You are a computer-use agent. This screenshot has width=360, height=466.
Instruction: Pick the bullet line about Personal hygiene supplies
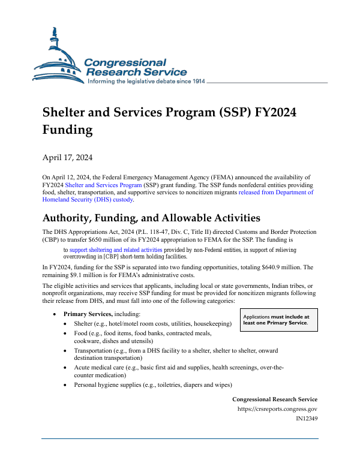(x=153, y=384)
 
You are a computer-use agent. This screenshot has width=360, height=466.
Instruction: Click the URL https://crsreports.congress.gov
(x=278, y=409)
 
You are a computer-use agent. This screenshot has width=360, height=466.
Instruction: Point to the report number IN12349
(x=307, y=419)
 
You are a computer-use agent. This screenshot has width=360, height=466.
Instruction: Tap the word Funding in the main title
(x=68, y=130)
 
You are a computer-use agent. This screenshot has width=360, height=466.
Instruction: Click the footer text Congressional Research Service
(x=275, y=399)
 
